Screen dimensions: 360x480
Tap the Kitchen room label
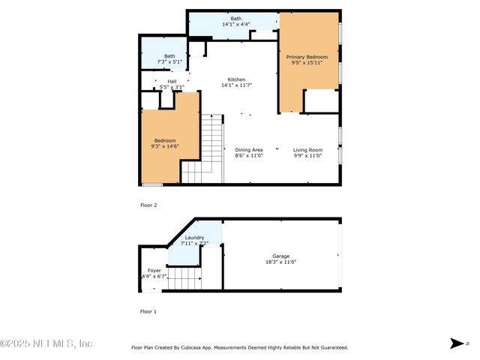(x=237, y=79)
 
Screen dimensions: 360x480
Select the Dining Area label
(x=249, y=150)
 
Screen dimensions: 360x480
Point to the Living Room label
(x=307, y=150)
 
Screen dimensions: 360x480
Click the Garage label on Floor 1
(x=281, y=256)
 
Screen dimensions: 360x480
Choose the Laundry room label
(x=194, y=238)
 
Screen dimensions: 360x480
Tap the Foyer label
(x=154, y=270)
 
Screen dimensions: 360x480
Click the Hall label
(x=172, y=81)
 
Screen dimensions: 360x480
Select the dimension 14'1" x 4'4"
(x=236, y=25)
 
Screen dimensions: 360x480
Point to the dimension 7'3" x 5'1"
(x=169, y=61)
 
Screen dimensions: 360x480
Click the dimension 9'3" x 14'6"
(x=165, y=146)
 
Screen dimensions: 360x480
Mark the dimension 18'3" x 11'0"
(x=281, y=262)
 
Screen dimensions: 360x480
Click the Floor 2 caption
(x=148, y=204)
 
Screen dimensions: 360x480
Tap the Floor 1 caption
(x=148, y=310)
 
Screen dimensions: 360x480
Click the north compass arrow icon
(x=457, y=343)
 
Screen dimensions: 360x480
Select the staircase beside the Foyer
(x=184, y=280)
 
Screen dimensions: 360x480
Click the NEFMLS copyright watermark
(x=46, y=343)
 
